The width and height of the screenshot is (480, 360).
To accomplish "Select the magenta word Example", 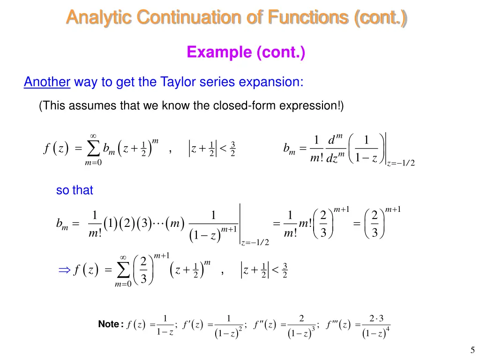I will (x=219, y=52).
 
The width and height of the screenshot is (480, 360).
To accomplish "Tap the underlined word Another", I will (x=47, y=82).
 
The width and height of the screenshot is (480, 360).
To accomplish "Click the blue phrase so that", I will (x=75, y=190).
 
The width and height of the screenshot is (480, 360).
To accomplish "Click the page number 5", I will (x=472, y=349).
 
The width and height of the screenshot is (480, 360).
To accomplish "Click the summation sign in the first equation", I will (x=93, y=150).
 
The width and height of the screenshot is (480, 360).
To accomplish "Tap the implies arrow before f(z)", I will (x=63, y=270).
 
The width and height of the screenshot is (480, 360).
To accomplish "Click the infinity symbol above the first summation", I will (x=93, y=136).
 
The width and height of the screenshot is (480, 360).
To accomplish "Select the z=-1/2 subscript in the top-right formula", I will (x=401, y=163).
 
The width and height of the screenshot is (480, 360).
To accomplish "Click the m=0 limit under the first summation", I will (x=93, y=163).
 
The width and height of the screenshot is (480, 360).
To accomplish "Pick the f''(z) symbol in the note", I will (x=265, y=325).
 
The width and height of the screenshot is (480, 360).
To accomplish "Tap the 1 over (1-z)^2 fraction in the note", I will (x=228, y=326).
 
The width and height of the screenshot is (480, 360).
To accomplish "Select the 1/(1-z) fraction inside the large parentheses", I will (x=367, y=150).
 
